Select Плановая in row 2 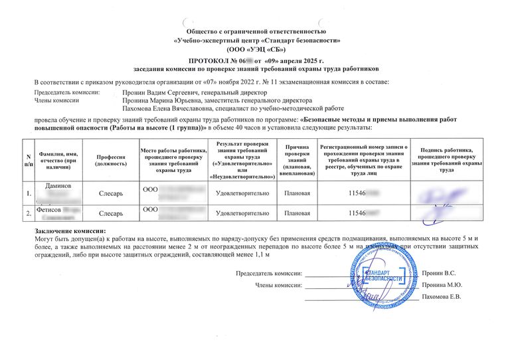[297, 214]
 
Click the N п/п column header [28, 157]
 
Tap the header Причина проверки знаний [297, 157]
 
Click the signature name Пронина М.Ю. [440, 284]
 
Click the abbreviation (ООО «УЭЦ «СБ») [256, 48]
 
